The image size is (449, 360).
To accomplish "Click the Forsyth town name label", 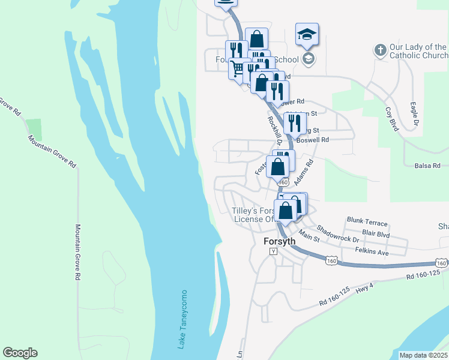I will [280, 241].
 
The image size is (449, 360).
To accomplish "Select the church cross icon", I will [380, 50].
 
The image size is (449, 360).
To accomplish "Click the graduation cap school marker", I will [307, 35].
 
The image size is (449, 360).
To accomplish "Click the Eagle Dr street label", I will [415, 115].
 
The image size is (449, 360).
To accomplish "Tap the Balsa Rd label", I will [427, 166].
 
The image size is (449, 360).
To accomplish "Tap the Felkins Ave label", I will [372, 251].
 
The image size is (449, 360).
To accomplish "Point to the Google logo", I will [20, 353].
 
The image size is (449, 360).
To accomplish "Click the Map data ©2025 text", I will [423, 355].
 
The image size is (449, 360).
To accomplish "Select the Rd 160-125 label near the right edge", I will [427, 276].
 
